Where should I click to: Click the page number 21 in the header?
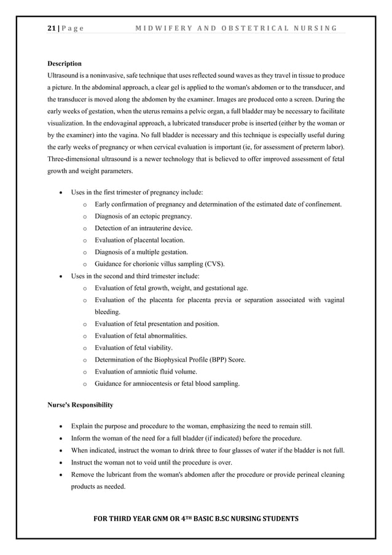[x=51, y=28]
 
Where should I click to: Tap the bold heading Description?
[x=65, y=63]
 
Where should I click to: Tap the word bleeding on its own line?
[x=108, y=312]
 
